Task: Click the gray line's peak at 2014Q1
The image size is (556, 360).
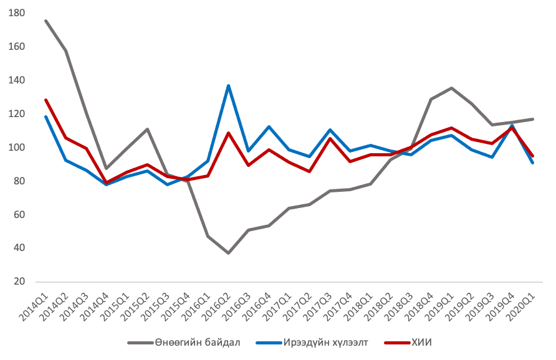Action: click(x=46, y=21)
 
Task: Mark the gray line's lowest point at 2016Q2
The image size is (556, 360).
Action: click(x=228, y=253)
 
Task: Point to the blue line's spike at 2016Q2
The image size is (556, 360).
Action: click(x=228, y=85)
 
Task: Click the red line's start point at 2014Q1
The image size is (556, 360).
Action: click(x=46, y=100)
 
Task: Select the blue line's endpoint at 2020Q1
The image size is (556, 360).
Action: click(x=533, y=163)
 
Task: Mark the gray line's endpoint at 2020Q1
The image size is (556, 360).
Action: click(x=533, y=119)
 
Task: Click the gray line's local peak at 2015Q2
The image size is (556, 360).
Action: click(x=147, y=129)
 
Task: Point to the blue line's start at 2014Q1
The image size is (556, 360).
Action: click(x=46, y=116)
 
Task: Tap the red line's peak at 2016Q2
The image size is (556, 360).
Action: click(x=228, y=133)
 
